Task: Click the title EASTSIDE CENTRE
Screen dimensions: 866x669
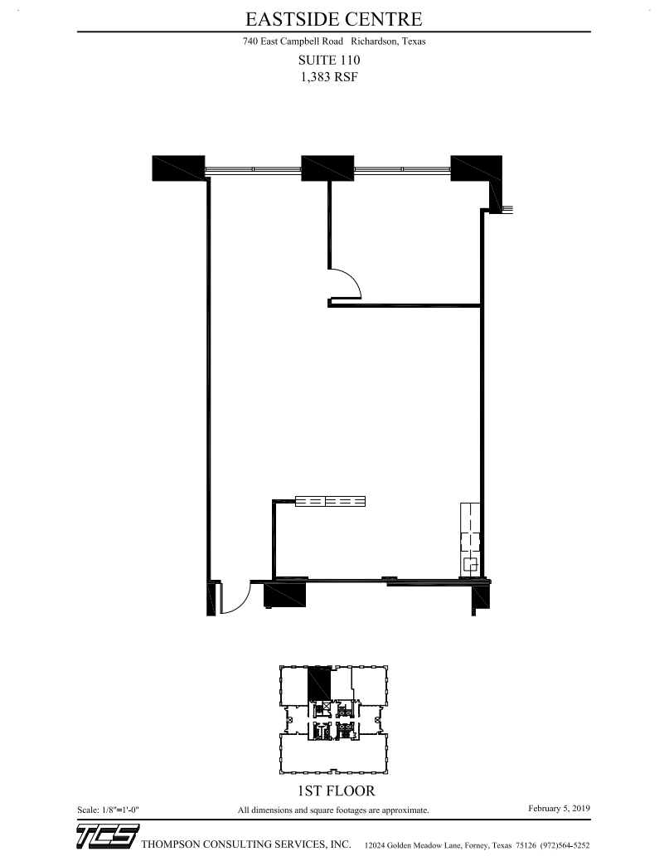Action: (x=333, y=18)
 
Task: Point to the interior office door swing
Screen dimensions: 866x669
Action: (x=347, y=285)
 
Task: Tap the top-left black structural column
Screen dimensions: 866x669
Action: (x=178, y=168)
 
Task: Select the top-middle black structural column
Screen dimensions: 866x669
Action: (x=327, y=168)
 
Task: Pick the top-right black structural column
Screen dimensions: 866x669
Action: (x=476, y=169)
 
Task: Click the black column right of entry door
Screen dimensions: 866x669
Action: (x=285, y=596)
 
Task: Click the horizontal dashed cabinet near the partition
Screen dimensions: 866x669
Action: (x=331, y=501)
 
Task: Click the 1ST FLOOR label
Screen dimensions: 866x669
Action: (x=331, y=791)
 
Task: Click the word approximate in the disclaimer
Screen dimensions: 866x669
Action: (x=405, y=810)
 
